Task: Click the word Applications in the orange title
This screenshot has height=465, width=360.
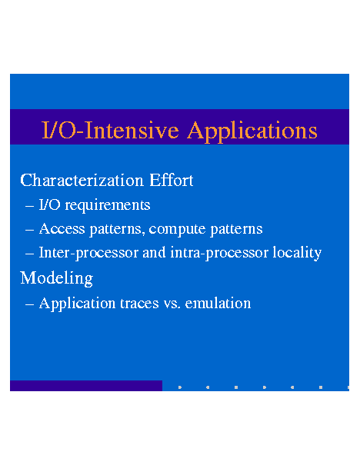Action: (x=252, y=131)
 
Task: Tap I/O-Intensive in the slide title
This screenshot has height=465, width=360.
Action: (x=111, y=130)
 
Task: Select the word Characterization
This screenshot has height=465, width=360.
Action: (x=82, y=181)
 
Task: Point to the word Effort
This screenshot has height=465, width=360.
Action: (x=172, y=180)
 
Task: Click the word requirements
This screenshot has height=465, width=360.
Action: (x=108, y=205)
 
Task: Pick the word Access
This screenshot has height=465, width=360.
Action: (x=62, y=228)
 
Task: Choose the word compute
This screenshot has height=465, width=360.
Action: (x=177, y=229)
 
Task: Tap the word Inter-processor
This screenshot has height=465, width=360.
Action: (x=88, y=253)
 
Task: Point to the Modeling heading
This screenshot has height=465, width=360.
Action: (x=57, y=278)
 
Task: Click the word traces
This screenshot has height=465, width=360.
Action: (x=139, y=304)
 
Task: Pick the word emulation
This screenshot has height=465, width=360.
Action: (x=218, y=304)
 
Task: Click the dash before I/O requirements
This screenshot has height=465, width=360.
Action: (x=30, y=206)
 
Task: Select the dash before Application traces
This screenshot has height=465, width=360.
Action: (x=30, y=304)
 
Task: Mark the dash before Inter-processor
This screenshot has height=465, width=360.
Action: (x=30, y=254)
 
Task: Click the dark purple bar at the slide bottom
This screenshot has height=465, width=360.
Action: (x=86, y=386)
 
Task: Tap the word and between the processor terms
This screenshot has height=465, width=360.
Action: (x=154, y=252)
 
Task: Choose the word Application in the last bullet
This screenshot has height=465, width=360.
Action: (x=78, y=304)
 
